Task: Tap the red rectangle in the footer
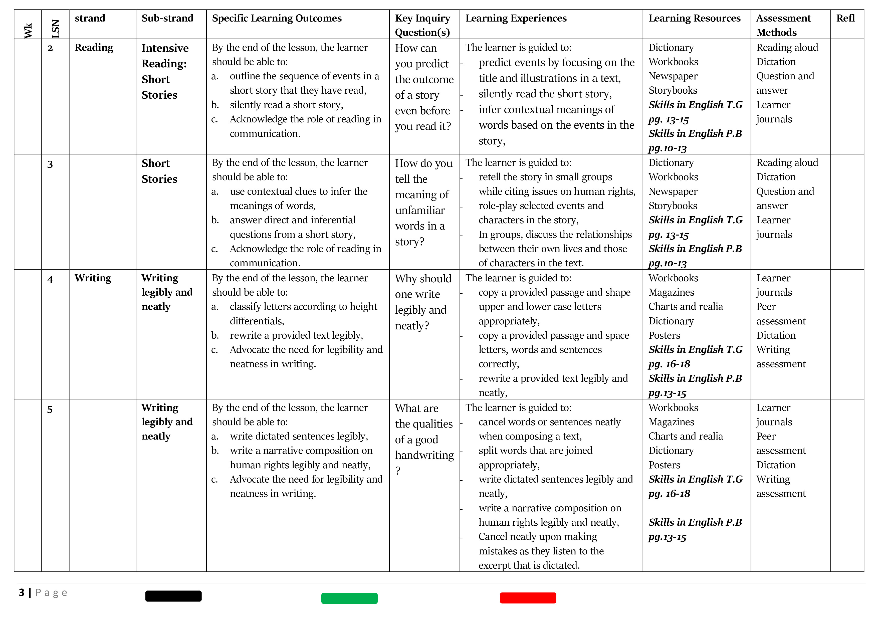pyautogui.click(x=528, y=598)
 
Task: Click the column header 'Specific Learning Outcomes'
pyautogui.click(x=277, y=18)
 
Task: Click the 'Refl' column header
pyautogui.click(x=845, y=18)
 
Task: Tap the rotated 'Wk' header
pyautogui.click(x=28, y=30)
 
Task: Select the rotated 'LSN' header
pyautogui.click(x=56, y=29)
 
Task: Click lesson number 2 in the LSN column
pyautogui.click(x=50, y=48)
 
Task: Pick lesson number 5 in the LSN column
pyautogui.click(x=50, y=409)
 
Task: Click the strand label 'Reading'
pyautogui.click(x=94, y=48)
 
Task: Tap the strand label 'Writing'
pyautogui.click(x=93, y=278)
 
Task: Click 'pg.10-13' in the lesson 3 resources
pyautogui.click(x=667, y=264)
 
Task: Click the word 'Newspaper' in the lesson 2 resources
pyautogui.click(x=673, y=76)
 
